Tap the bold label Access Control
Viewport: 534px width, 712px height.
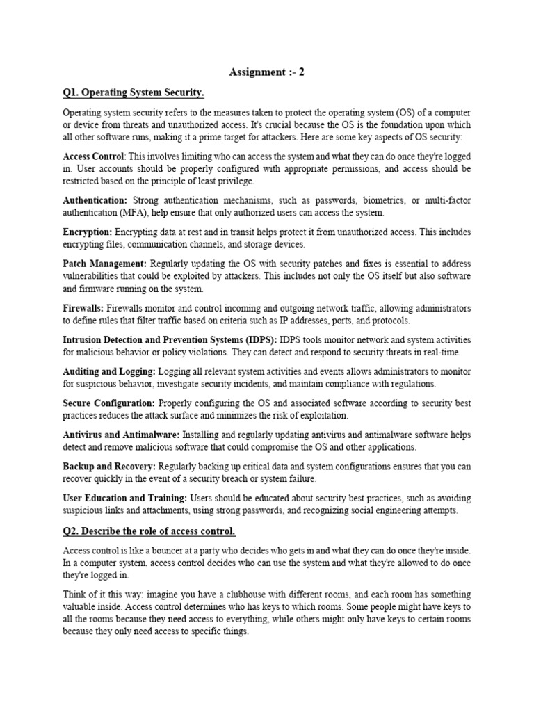[x=93, y=156]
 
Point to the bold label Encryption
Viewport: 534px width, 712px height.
[x=87, y=232]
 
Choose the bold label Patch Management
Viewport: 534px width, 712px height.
[x=104, y=264]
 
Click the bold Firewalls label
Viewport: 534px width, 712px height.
[x=83, y=308]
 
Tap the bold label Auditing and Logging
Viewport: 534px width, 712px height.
[x=109, y=372]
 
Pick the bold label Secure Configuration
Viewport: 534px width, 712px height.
[x=108, y=403]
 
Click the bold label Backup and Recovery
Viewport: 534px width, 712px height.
[x=109, y=467]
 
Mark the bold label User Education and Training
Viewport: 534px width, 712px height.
[x=124, y=499]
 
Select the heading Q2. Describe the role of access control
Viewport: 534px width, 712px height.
[x=149, y=532]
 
